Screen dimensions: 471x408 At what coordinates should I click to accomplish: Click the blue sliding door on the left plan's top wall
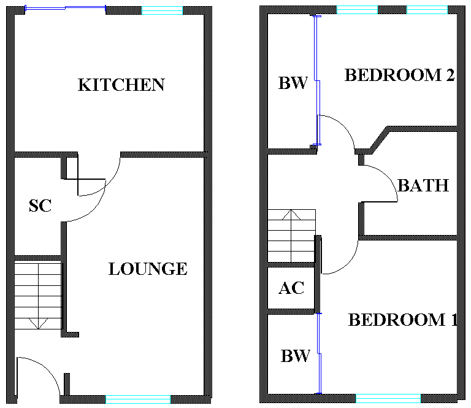[x=65, y=8]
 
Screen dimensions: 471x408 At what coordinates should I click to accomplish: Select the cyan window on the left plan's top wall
[x=162, y=10]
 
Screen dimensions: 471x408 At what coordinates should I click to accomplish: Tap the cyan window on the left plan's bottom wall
[x=138, y=399]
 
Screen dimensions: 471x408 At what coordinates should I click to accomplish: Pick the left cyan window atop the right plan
[x=357, y=10]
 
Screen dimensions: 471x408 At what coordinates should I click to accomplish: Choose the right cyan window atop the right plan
[x=427, y=10]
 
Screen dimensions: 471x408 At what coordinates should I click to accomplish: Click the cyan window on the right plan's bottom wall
[x=388, y=398]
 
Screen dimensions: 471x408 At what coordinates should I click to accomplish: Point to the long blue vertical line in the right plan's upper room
[x=316, y=80]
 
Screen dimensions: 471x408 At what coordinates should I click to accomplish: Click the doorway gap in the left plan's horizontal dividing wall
[x=99, y=155]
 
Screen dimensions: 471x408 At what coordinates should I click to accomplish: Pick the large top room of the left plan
[x=109, y=80]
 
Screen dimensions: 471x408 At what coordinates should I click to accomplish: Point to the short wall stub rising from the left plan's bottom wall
[x=67, y=384]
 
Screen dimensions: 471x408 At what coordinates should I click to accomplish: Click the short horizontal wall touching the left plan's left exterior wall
[x=38, y=258]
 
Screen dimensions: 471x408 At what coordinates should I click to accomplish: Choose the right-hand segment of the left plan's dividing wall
[x=163, y=155]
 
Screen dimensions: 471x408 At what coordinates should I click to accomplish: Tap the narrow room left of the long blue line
[x=291, y=80]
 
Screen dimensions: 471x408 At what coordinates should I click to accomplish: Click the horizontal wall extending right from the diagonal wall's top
[x=423, y=129]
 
